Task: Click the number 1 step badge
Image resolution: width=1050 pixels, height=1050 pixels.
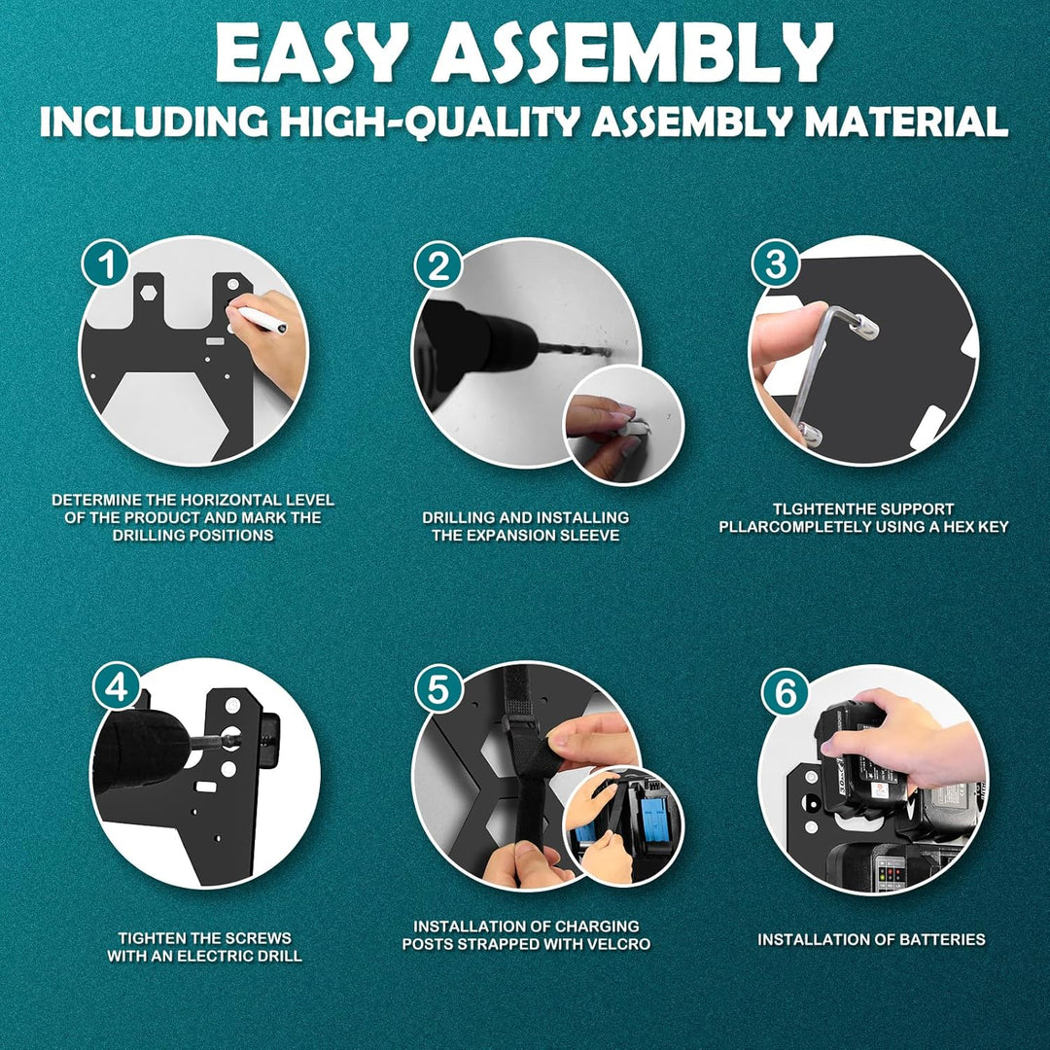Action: coord(106,265)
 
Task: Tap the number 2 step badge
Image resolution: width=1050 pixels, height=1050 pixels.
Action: coord(438,265)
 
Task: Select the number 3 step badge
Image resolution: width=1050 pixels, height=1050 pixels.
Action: coord(776,263)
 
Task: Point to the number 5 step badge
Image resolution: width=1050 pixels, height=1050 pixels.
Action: coord(438,690)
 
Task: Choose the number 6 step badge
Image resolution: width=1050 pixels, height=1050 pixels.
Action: coord(786,693)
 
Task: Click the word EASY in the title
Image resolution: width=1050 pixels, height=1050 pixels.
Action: coord(311,54)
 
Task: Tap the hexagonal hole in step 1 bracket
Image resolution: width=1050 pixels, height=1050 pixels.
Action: coord(148,292)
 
